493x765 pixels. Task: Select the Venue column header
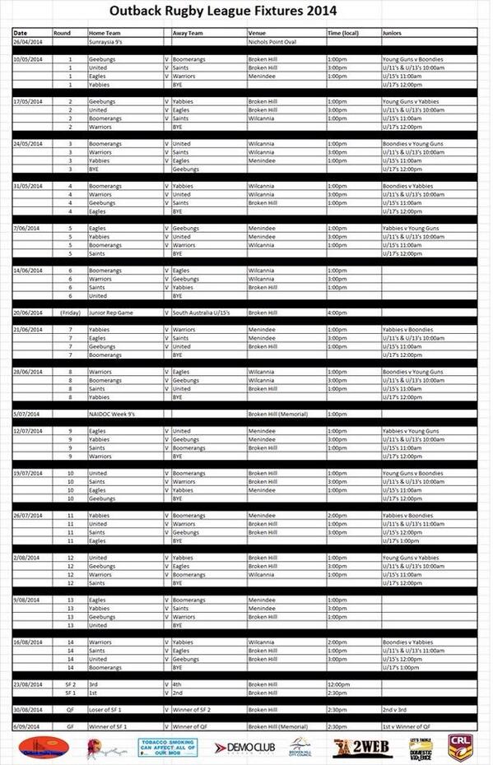[x=257, y=32]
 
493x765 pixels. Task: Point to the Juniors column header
[x=393, y=32]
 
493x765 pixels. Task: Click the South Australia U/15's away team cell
[x=204, y=313]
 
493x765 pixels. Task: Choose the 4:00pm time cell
[x=337, y=313]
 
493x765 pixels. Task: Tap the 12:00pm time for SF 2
[x=338, y=684]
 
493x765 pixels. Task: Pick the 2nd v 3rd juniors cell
[x=395, y=708]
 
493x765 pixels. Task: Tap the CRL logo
[x=459, y=748]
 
